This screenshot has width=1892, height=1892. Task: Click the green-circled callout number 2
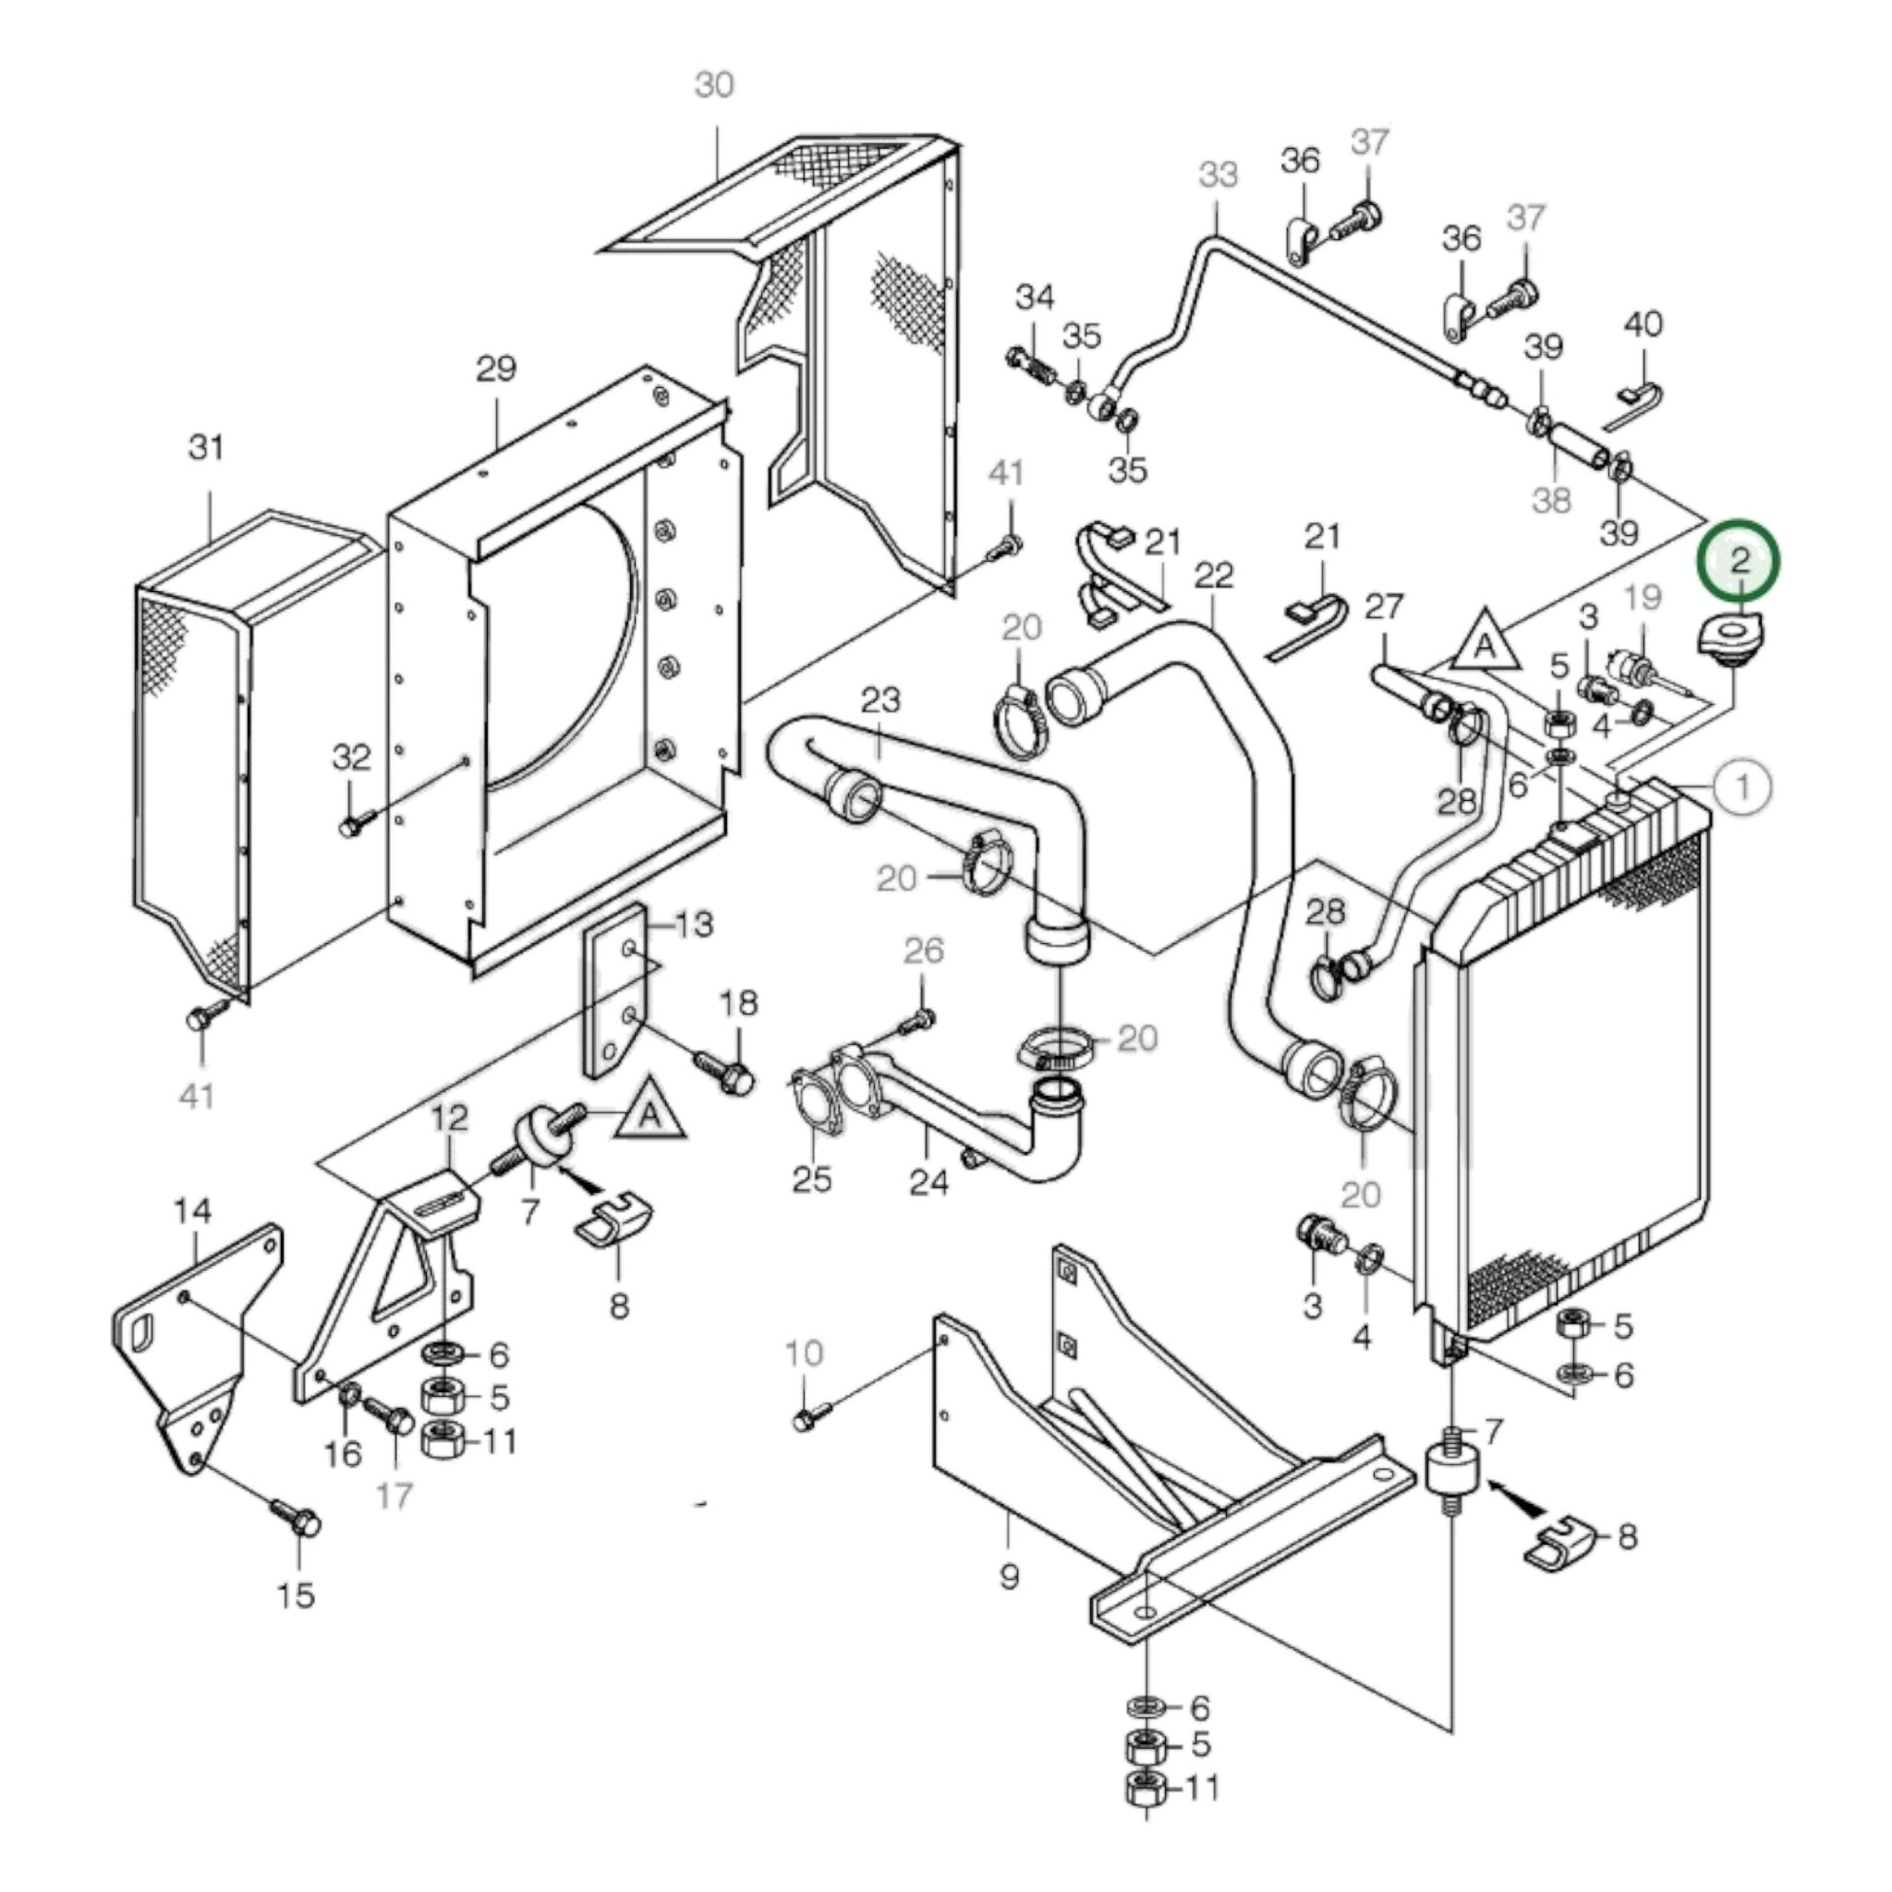tap(1739, 560)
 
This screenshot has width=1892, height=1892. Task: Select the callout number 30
tap(714, 86)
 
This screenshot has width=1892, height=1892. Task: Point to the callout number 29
tap(496, 369)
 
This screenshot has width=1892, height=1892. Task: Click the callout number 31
tap(207, 447)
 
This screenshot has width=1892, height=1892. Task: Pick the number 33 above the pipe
tap(1218, 175)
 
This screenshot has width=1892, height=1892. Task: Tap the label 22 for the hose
tap(1213, 575)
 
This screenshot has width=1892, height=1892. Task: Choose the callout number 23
tap(881, 699)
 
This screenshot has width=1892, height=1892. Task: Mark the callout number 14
tap(193, 1211)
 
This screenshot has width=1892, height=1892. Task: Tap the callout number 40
tap(1643, 324)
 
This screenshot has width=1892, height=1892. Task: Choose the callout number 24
tap(928, 1182)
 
